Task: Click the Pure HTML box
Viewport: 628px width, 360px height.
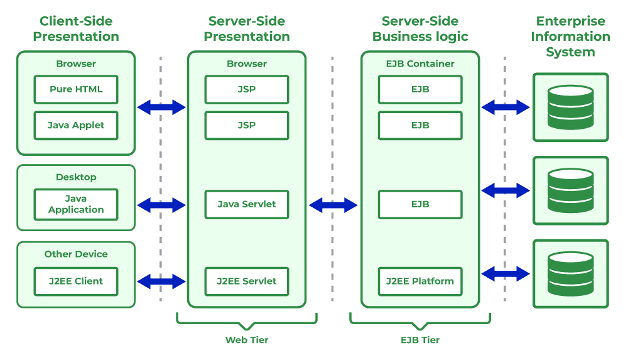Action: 76,89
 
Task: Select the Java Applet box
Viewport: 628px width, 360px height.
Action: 76,126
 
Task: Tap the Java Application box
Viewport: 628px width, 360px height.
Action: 76,204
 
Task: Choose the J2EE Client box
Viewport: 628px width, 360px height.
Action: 76,281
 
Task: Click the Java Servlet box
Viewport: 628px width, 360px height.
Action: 247,204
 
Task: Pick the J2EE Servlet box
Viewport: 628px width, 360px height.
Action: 247,281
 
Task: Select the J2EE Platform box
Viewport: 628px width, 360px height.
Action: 420,281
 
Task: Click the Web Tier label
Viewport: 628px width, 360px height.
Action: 247,340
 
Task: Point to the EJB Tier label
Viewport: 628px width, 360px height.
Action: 420,340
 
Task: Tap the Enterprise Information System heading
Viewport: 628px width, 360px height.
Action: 570,36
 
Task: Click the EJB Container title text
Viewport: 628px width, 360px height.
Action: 420,63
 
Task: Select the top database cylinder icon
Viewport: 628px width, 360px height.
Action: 570,107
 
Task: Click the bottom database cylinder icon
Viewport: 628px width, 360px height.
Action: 570,274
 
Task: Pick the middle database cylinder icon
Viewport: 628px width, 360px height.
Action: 570,190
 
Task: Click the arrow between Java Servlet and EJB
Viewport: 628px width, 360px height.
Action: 333,205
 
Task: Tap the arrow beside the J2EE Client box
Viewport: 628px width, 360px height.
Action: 161,281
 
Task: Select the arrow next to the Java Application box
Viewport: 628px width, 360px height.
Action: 161,205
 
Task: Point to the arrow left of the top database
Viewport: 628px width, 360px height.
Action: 506,107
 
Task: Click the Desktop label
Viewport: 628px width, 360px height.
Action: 76,177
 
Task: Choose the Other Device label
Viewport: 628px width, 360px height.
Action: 76,254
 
